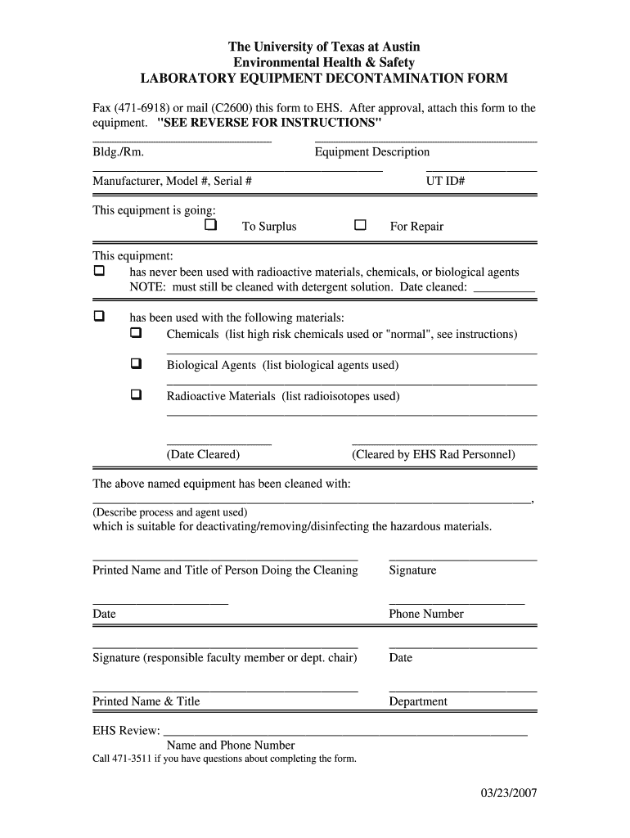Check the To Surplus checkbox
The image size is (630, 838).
click(x=211, y=225)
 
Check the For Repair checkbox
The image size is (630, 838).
click(x=359, y=225)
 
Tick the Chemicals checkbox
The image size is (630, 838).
click(x=136, y=333)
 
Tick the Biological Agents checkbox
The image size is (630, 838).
click(x=136, y=363)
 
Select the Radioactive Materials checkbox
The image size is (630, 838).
click(x=136, y=394)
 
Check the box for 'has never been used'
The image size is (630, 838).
click(x=99, y=270)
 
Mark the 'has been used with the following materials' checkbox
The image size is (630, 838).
click(x=99, y=316)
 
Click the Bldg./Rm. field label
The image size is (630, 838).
click(x=119, y=152)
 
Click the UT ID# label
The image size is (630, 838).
click(x=445, y=181)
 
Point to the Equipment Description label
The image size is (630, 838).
click(x=371, y=152)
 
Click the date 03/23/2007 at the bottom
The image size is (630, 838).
click(x=508, y=794)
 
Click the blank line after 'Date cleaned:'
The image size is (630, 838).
click(x=504, y=289)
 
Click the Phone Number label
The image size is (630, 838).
click(x=425, y=614)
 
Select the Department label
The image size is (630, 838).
click(x=418, y=701)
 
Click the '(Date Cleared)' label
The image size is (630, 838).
click(x=203, y=454)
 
